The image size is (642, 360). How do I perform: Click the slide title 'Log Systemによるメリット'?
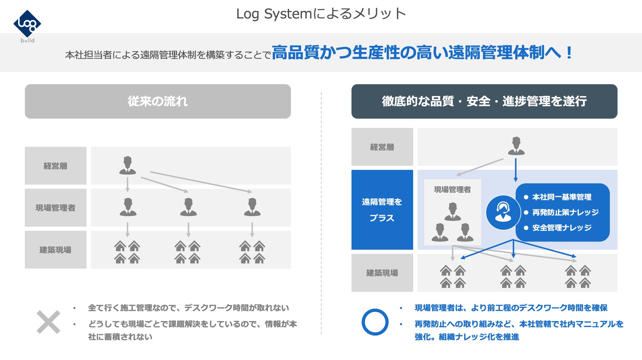(x=321, y=14)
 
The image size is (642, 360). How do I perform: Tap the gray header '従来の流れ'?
(x=158, y=101)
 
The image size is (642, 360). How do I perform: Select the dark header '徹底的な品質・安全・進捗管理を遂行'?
(x=484, y=101)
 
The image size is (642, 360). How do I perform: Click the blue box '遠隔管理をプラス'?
(x=382, y=210)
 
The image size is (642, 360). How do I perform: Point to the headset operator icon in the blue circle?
(x=503, y=212)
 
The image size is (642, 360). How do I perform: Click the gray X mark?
(x=48, y=322)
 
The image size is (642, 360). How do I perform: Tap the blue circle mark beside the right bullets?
(x=375, y=322)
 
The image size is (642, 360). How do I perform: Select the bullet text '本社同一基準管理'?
(x=562, y=197)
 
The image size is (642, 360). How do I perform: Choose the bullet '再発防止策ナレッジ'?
(x=565, y=212)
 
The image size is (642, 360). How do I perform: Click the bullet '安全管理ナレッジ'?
(x=562, y=228)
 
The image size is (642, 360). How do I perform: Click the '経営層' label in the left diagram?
(x=55, y=166)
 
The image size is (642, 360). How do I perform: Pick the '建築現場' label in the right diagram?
(x=382, y=273)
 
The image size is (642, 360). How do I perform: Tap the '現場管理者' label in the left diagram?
(x=55, y=208)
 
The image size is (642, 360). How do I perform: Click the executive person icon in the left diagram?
(x=127, y=166)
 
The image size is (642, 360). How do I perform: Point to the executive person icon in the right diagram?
(x=516, y=146)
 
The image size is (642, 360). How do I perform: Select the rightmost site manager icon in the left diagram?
(x=252, y=207)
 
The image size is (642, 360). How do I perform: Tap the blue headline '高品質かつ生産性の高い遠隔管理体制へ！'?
(x=422, y=53)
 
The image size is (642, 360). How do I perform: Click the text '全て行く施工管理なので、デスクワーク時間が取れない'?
(x=188, y=308)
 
